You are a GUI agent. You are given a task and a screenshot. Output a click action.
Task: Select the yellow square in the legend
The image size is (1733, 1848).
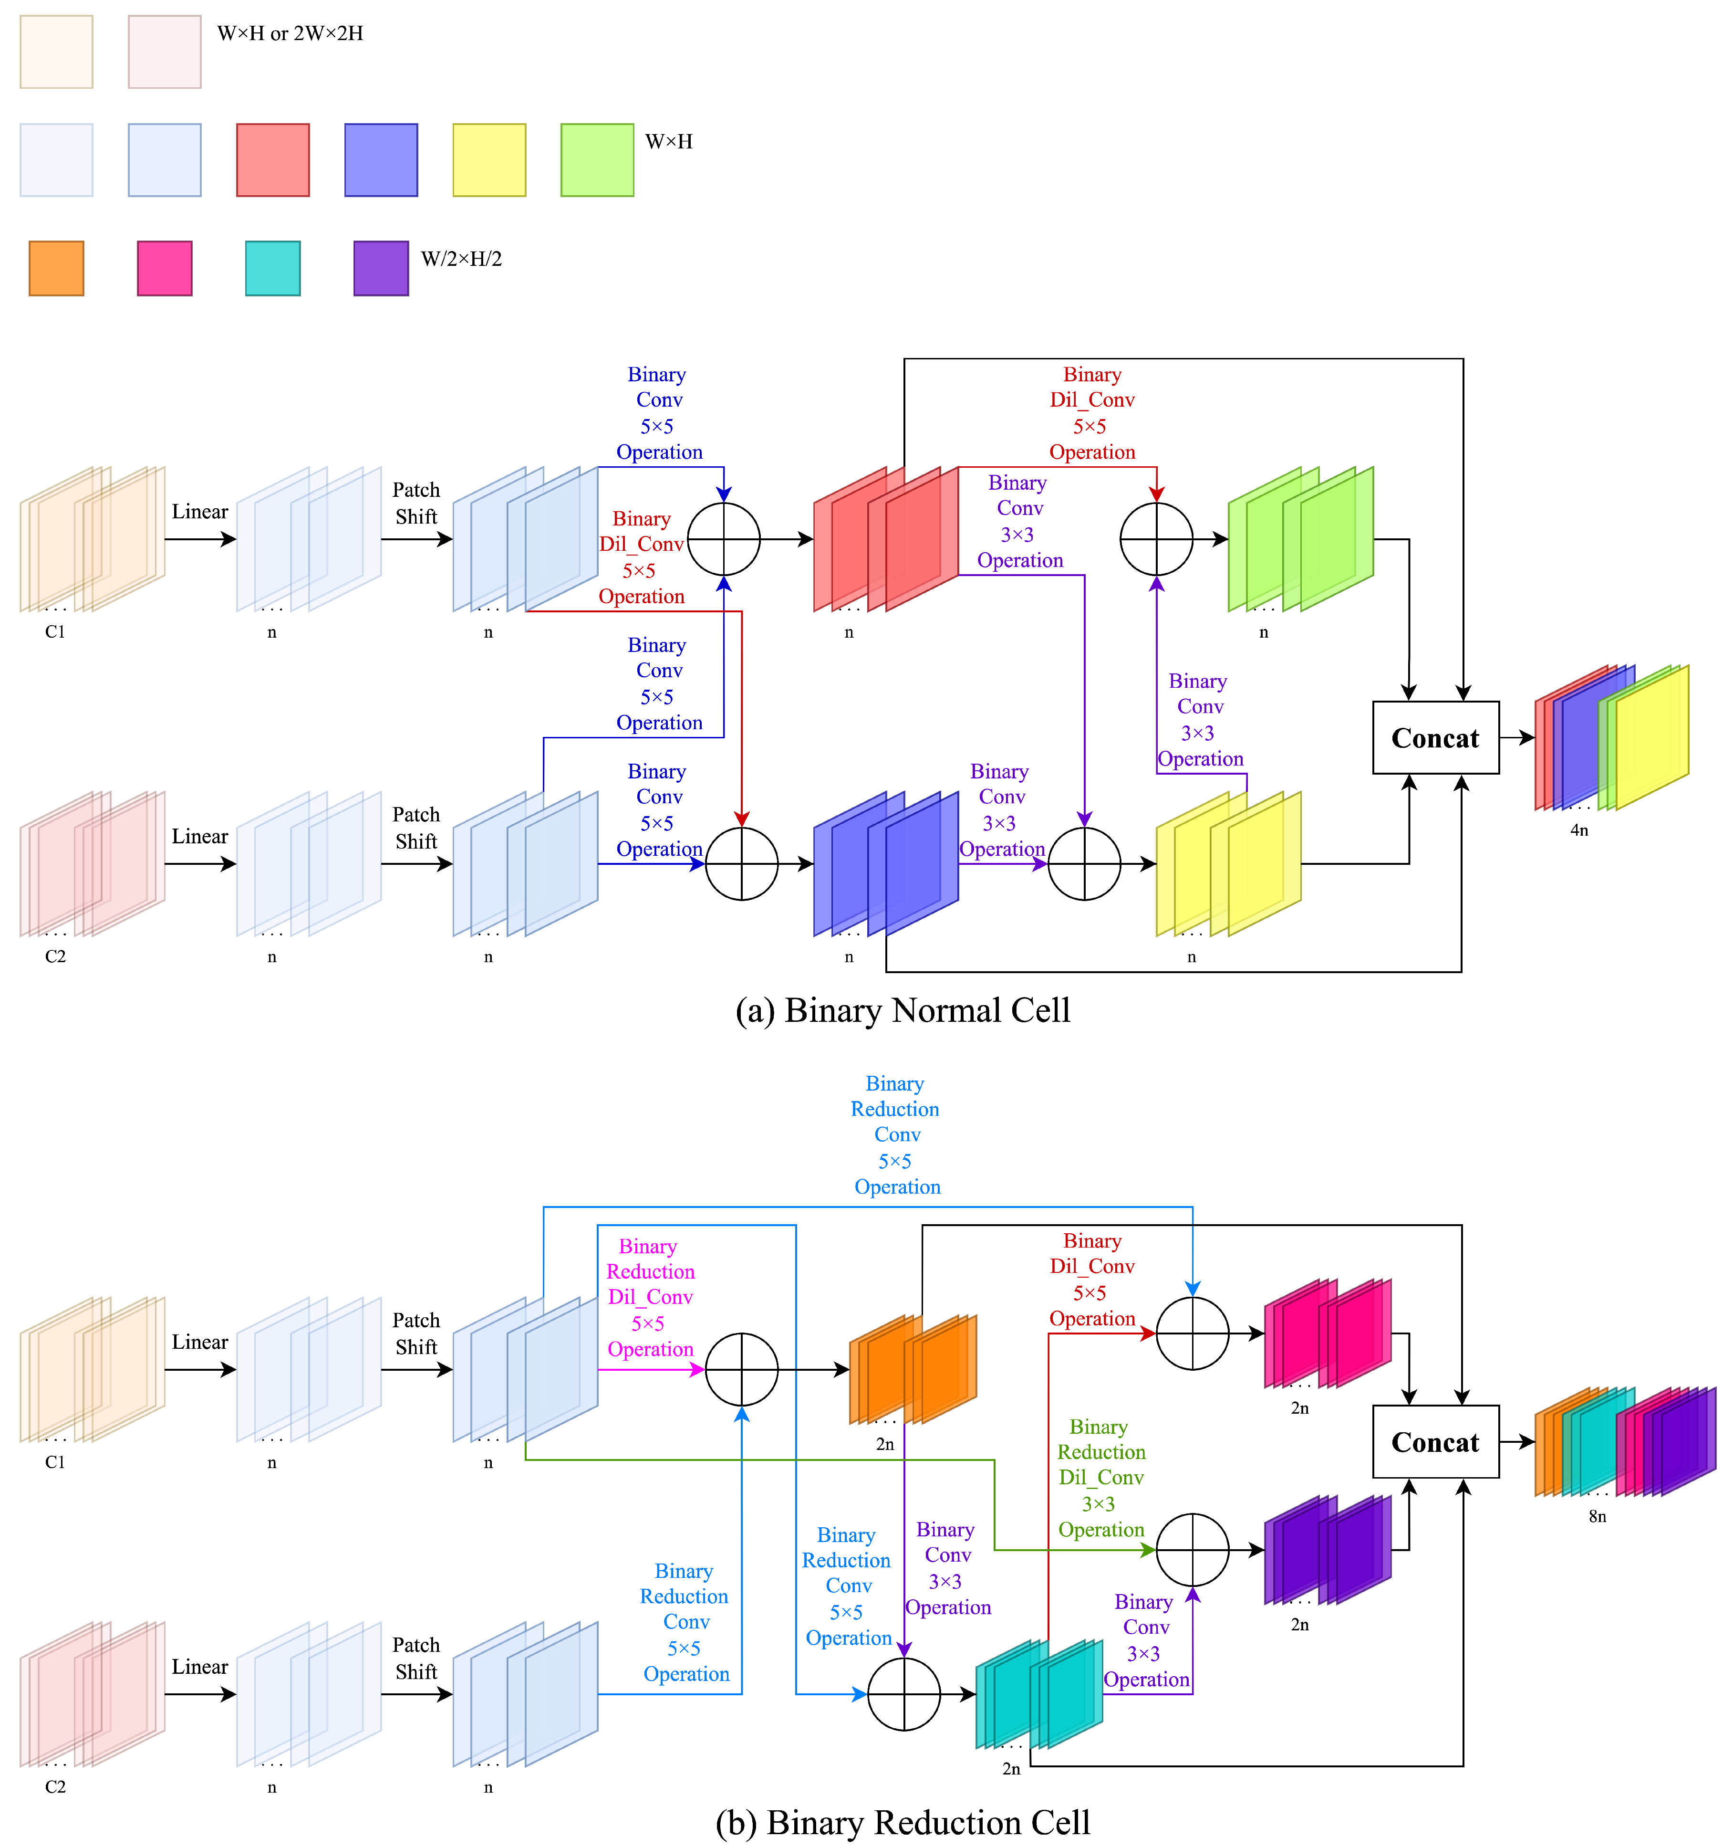click(489, 160)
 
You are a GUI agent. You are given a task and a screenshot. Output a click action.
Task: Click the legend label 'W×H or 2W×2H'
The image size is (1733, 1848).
click(290, 33)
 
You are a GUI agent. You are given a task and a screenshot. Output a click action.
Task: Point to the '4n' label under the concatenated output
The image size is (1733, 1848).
click(1579, 830)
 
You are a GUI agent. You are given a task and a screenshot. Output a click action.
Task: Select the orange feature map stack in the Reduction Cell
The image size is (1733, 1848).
click(913, 1369)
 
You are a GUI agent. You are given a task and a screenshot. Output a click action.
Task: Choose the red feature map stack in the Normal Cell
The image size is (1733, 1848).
click(885, 539)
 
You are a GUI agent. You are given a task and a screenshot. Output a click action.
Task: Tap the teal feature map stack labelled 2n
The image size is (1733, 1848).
click(1039, 1694)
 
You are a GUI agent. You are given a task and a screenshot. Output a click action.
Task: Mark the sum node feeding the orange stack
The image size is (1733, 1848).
click(741, 1369)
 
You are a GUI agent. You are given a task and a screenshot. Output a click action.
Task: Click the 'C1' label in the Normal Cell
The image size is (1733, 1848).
click(55, 632)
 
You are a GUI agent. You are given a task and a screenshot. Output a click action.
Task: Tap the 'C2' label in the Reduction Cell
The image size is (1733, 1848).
click(55, 1786)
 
